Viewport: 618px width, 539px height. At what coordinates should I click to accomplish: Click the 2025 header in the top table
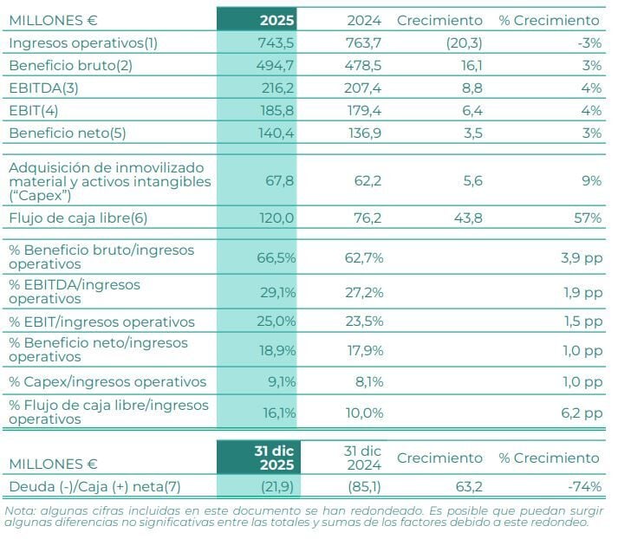tap(276, 20)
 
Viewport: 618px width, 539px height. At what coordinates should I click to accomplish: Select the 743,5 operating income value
tap(273, 42)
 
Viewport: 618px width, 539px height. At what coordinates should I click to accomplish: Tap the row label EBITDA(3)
tap(43, 88)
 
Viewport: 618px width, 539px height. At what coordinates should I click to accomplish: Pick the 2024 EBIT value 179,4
tap(364, 110)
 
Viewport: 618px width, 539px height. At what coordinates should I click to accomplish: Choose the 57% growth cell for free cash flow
tap(587, 218)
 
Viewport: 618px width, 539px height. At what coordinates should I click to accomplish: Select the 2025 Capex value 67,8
tap(277, 181)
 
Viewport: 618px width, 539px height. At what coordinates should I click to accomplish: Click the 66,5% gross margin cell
tap(276, 257)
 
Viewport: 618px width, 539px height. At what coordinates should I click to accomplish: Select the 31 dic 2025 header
tap(268, 458)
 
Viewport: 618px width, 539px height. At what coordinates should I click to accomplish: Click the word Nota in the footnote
tap(20, 510)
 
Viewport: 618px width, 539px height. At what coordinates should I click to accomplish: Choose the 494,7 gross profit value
tap(273, 65)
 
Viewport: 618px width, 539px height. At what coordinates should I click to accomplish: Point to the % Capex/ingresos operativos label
tap(107, 381)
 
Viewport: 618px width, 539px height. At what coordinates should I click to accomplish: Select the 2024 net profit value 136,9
tap(364, 133)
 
